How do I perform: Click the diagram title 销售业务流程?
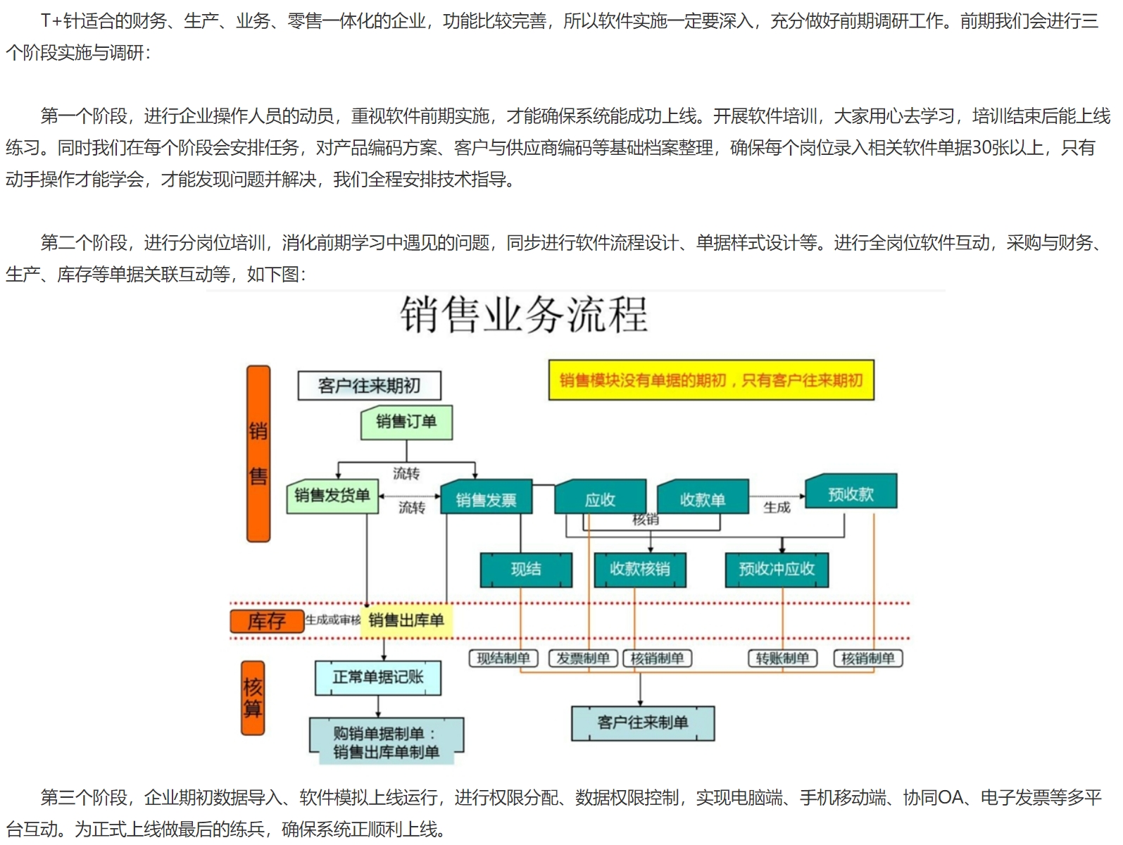[x=524, y=315]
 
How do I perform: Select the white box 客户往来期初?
[x=369, y=386]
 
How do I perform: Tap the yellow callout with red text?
[x=711, y=380]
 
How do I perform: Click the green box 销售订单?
[x=406, y=423]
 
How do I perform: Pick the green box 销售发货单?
[x=332, y=496]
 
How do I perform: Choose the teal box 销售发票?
[x=486, y=500]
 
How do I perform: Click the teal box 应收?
[x=600, y=499]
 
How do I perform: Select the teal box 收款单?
[x=703, y=499]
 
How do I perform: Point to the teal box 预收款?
[x=851, y=494]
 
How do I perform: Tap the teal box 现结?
[x=526, y=570]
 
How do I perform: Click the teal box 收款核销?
[x=639, y=570]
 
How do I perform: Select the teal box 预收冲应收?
[x=777, y=570]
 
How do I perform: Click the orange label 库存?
[x=267, y=621]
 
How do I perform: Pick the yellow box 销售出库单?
[x=406, y=620]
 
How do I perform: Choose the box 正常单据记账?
[x=378, y=677]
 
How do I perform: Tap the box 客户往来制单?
[x=642, y=723]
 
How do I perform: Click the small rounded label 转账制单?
[x=782, y=658]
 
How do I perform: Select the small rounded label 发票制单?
[x=583, y=658]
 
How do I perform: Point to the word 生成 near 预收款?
[x=777, y=507]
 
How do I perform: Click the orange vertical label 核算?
[x=253, y=698]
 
